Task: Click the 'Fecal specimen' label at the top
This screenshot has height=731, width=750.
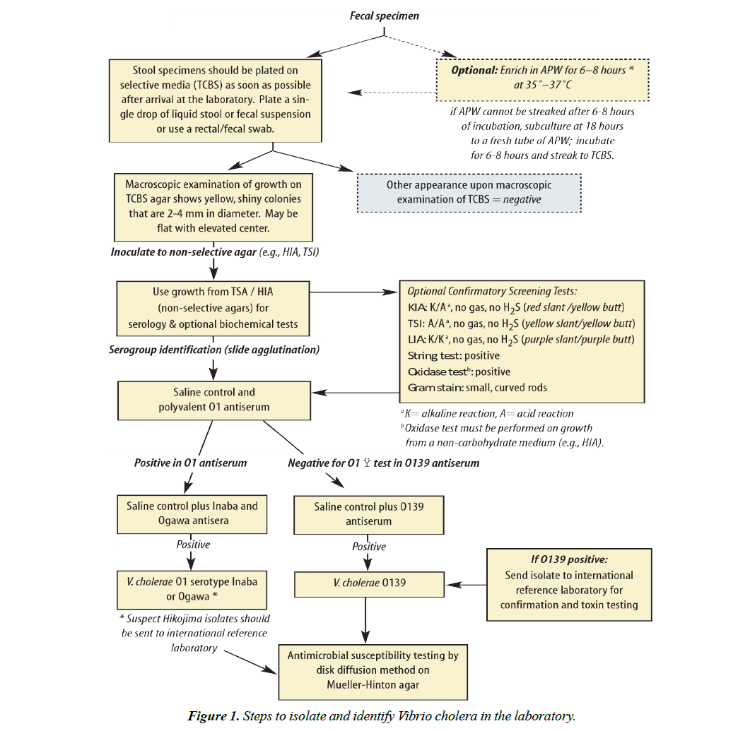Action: [x=384, y=16]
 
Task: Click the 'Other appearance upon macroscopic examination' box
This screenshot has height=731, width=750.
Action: [x=469, y=192]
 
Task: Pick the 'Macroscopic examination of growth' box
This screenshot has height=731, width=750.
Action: [x=211, y=206]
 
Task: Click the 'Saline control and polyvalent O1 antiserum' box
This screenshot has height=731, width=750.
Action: [x=213, y=400]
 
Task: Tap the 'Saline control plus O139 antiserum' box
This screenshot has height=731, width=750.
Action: [x=368, y=513]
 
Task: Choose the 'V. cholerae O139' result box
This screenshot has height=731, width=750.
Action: [x=365, y=583]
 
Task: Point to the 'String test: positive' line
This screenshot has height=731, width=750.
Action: [x=453, y=355]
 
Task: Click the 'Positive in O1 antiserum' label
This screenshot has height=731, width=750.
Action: [x=191, y=463]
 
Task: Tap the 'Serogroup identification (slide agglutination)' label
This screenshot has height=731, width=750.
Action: [x=213, y=350]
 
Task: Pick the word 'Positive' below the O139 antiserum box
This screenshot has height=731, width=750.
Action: [x=369, y=546]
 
